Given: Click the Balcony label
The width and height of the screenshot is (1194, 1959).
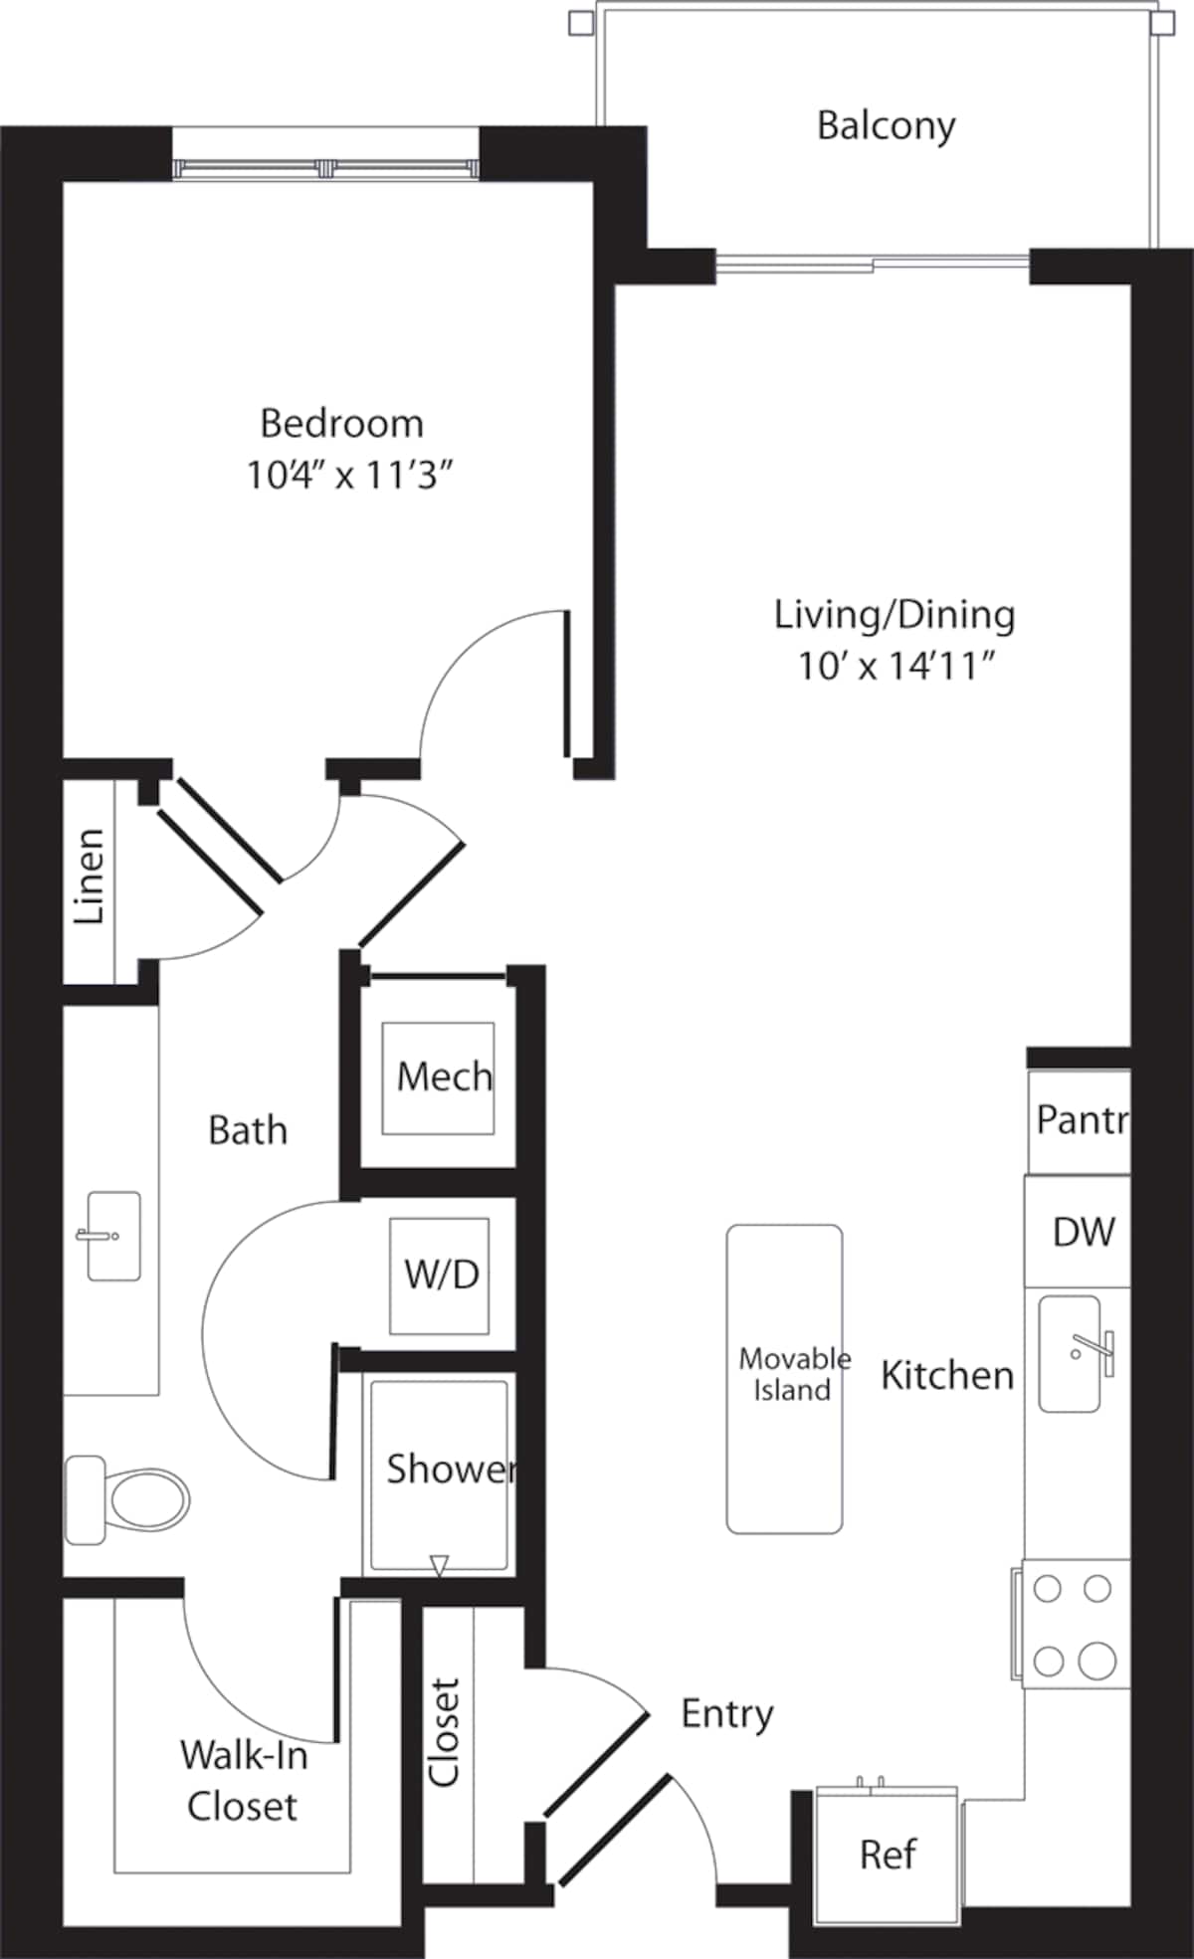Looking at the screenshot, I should click(x=886, y=126).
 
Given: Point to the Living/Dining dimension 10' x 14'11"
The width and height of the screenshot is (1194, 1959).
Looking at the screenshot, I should click(x=896, y=666).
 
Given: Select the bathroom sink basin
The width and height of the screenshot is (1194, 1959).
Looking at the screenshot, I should click(x=112, y=1236).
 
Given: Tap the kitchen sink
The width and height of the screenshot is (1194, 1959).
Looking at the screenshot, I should click(x=1071, y=1353).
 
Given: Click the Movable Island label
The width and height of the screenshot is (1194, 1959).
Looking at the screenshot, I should click(x=793, y=1374).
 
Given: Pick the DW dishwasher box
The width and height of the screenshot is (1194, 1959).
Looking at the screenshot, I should click(x=1083, y=1232).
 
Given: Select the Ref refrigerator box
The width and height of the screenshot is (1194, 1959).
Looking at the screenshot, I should click(x=887, y=1855).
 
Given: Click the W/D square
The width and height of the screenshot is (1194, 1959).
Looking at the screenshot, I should click(x=441, y=1274).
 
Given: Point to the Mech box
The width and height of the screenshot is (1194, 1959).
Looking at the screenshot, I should click(x=440, y=1077).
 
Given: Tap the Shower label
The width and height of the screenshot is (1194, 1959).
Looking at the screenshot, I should click(x=450, y=1469).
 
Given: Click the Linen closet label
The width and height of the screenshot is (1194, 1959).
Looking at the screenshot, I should click(x=90, y=877).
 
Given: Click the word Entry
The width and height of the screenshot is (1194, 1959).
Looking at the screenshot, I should click(x=726, y=1713).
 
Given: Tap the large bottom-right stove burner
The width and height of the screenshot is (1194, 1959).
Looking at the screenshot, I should click(x=1096, y=1660).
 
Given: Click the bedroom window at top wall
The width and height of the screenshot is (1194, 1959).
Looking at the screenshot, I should click(x=326, y=168).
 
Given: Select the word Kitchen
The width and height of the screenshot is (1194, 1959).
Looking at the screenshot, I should click(x=946, y=1376).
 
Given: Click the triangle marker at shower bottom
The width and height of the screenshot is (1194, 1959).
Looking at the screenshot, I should click(x=439, y=1566).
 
